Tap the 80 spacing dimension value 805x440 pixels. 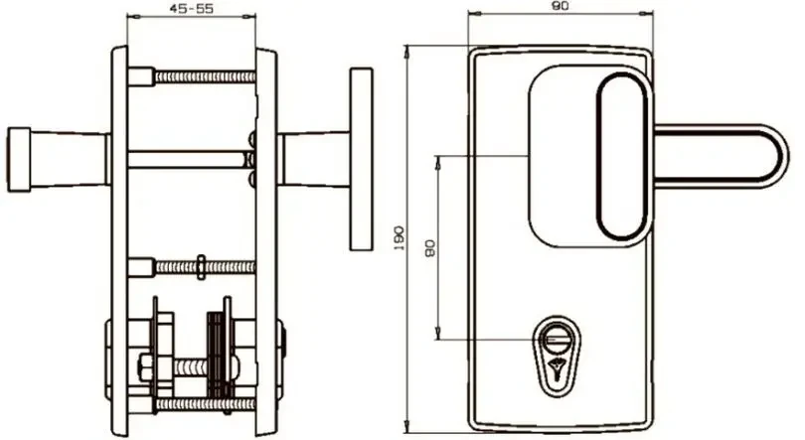point(430,248)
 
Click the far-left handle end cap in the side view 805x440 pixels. point(18,160)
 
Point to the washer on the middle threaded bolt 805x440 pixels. point(202,265)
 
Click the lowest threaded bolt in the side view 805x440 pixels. point(199,405)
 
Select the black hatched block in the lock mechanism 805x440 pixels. point(213,342)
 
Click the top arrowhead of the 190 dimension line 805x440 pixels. point(405,48)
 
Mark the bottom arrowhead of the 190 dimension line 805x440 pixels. point(405,428)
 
